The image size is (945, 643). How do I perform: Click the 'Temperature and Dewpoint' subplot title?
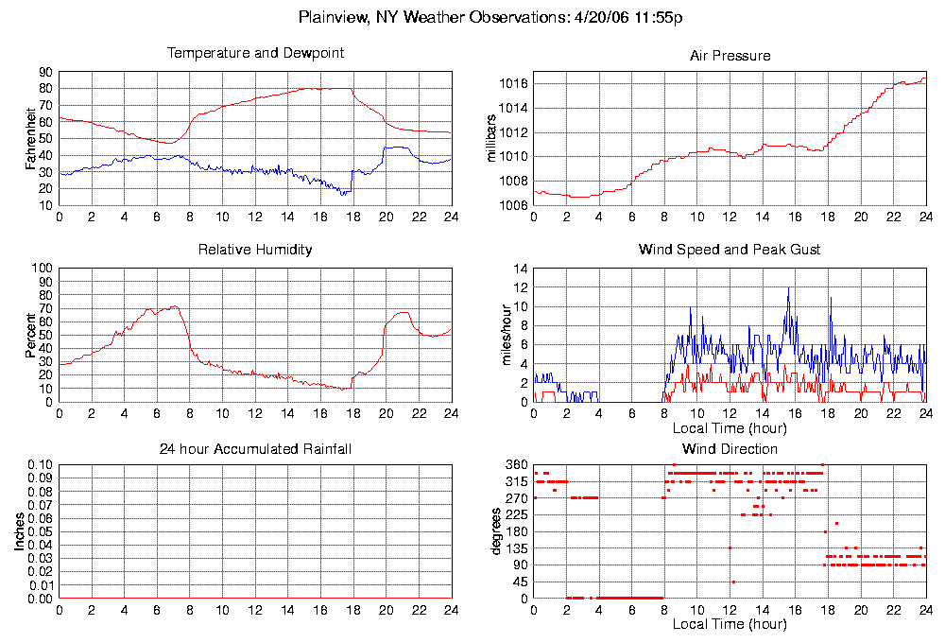pyautogui.click(x=255, y=53)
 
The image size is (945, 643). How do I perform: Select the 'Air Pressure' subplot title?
pyautogui.click(x=730, y=56)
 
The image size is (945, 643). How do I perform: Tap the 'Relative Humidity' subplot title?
pyautogui.click(x=255, y=250)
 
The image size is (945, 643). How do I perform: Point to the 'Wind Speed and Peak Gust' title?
pyautogui.click(x=730, y=250)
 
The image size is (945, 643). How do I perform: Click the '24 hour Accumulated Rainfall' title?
pyautogui.click(x=255, y=448)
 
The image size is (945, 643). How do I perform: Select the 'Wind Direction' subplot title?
pyautogui.click(x=730, y=448)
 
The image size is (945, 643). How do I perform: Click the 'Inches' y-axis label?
pyautogui.click(x=20, y=532)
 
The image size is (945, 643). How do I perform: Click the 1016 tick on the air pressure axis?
pyautogui.click(x=513, y=84)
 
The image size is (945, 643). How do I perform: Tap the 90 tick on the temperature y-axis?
pyautogui.click(x=45, y=72)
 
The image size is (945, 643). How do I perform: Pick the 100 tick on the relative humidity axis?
pyautogui.click(x=42, y=269)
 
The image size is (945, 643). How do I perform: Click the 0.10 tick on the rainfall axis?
pyautogui.click(x=41, y=465)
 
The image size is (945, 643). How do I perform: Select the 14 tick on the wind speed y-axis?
pyautogui.click(x=520, y=269)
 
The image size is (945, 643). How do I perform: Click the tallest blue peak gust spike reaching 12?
pyautogui.click(x=788, y=288)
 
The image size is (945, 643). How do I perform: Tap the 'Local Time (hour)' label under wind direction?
pyautogui.click(x=730, y=625)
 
